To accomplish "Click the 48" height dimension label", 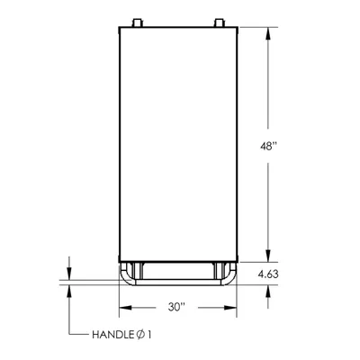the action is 267,146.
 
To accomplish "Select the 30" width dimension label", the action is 176,307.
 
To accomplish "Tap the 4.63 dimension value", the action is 268,274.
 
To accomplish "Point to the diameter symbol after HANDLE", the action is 140,335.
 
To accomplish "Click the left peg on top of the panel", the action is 137,22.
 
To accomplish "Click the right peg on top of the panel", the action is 219,22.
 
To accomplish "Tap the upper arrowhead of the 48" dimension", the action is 268,33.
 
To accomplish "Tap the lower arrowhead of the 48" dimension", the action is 268,256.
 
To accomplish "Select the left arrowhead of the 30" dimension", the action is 126,308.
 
